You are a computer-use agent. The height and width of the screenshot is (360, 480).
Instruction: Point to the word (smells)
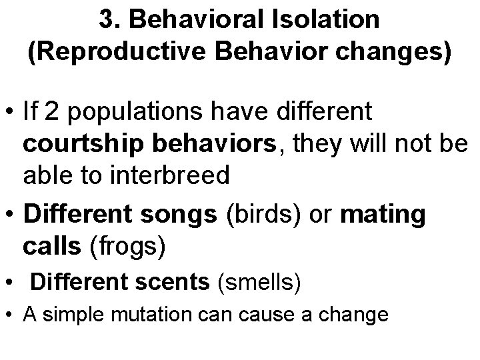coord(259,283)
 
